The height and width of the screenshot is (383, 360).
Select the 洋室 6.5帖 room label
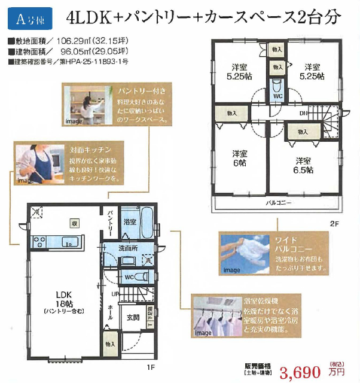coord(304,165)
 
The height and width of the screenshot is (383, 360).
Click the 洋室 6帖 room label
coord(240,157)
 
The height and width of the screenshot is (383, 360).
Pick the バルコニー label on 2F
coord(279,203)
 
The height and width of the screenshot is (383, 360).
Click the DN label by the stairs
coord(304,113)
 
